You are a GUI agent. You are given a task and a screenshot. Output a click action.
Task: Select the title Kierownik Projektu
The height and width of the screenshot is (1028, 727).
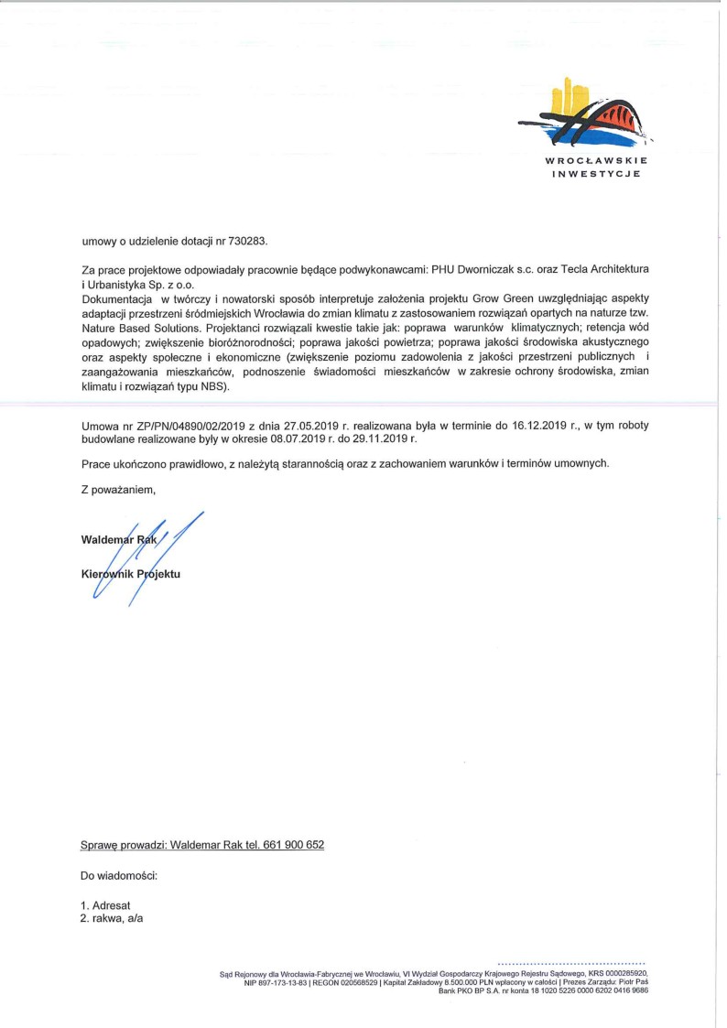pyautogui.click(x=131, y=574)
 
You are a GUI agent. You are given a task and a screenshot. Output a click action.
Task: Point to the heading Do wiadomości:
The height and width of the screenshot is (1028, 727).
pyautogui.click(x=120, y=876)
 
